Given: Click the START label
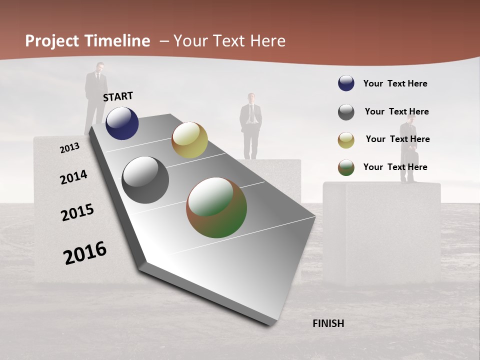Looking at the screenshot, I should [x=118, y=96].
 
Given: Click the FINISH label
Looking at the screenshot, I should [x=328, y=323].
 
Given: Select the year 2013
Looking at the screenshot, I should [x=69, y=148].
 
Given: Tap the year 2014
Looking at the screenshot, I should [x=73, y=177].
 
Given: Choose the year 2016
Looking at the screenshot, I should [x=85, y=253].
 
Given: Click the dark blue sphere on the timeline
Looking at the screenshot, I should [x=122, y=123].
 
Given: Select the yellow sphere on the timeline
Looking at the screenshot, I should [x=189, y=140].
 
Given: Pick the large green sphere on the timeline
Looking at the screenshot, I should [x=216, y=208].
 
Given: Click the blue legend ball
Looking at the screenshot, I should [x=346, y=83].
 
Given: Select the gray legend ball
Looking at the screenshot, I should [x=346, y=112].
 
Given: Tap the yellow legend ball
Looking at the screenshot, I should [x=346, y=140].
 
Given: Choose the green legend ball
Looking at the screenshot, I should [x=346, y=167].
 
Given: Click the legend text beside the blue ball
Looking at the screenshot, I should [x=395, y=83].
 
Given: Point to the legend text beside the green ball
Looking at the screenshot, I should [x=395, y=167].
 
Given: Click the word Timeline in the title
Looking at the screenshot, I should [x=116, y=41].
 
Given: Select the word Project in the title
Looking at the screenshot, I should [x=52, y=41].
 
